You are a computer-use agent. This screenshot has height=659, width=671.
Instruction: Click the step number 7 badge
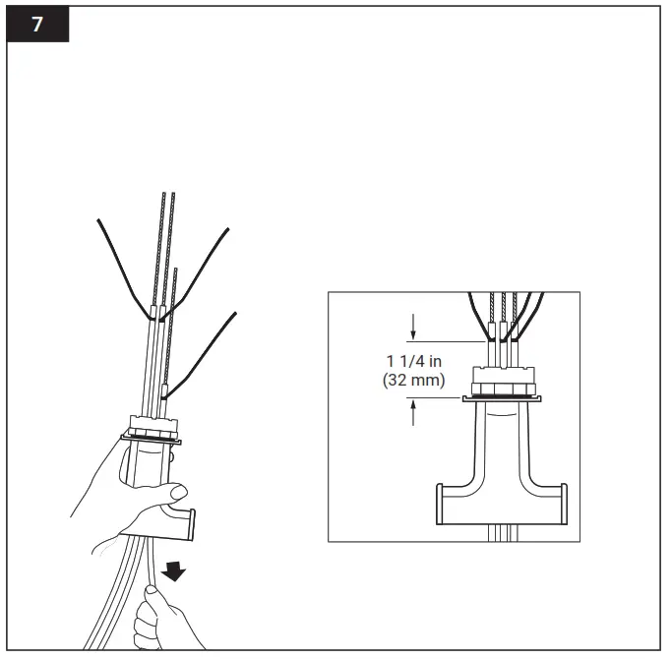pos(38,25)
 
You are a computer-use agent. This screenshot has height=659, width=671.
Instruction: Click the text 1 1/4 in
pos(414,361)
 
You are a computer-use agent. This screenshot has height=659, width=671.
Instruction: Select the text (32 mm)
pos(414,379)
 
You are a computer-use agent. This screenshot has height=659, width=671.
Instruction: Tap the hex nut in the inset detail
pos(503,379)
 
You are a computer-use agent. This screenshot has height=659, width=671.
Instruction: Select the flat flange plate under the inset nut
pos(503,398)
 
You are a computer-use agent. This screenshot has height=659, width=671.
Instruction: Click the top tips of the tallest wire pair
pos(170,195)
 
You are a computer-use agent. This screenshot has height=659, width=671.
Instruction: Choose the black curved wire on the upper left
pos(123,266)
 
